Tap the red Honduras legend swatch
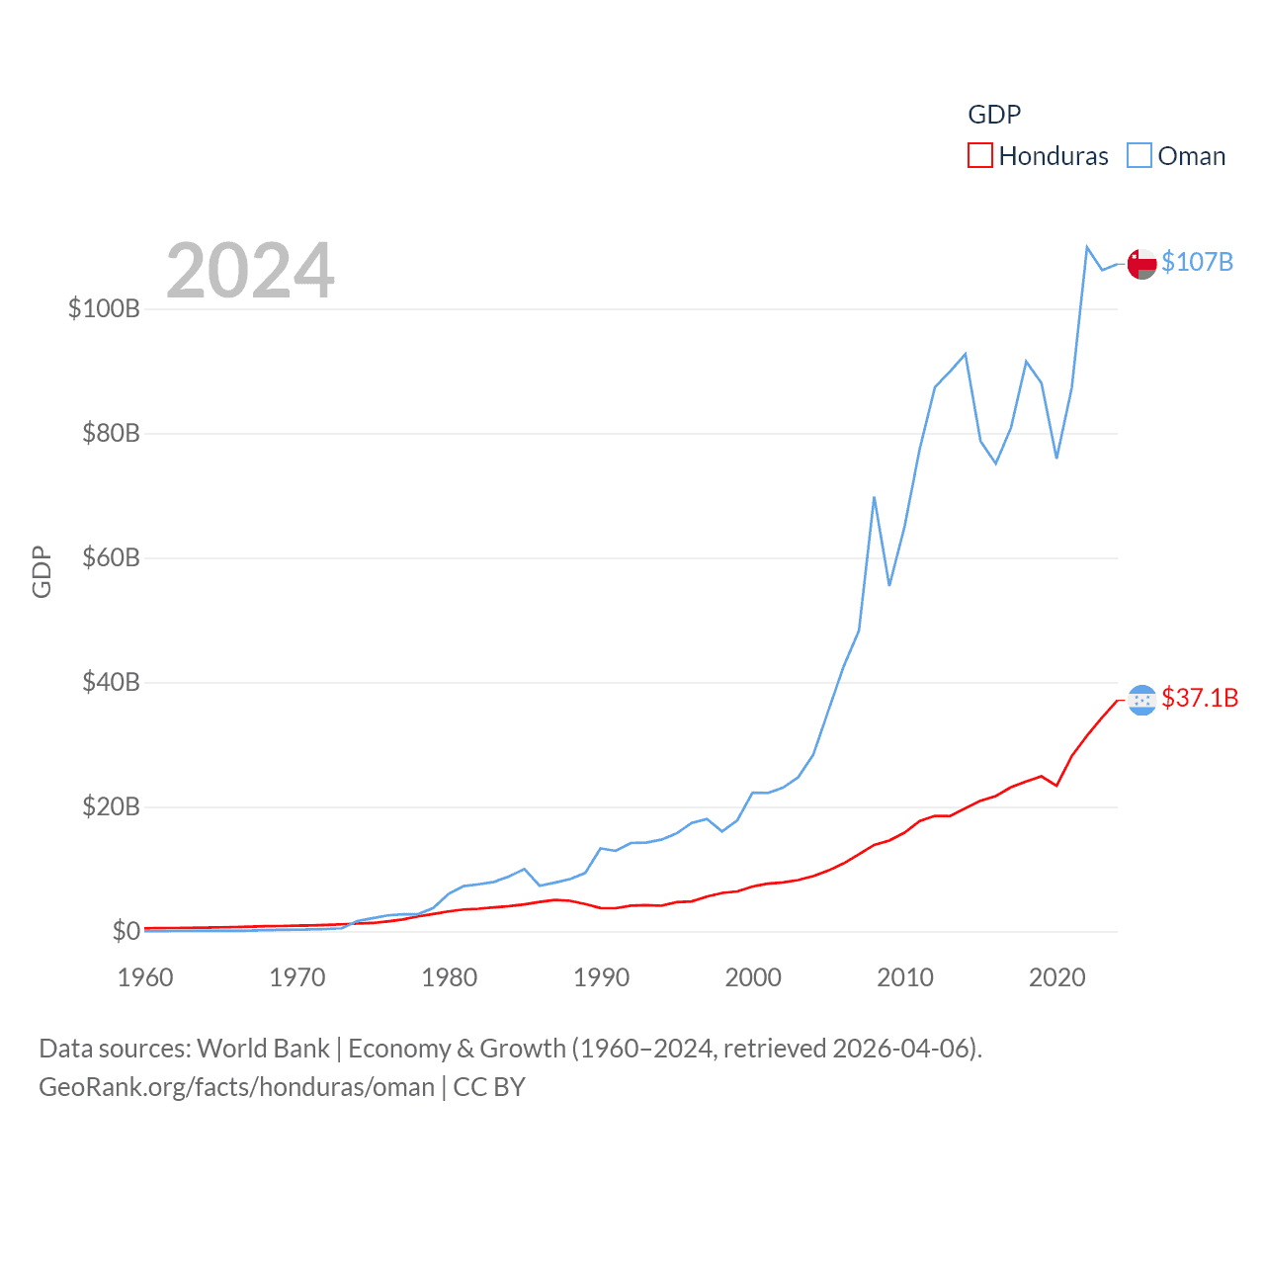(979, 156)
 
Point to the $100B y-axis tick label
(104, 308)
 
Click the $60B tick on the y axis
(111, 557)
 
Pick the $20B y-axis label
(111, 806)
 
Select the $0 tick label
(126, 931)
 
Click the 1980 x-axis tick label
(449, 977)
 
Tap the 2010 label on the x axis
(905, 977)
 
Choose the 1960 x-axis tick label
(145, 977)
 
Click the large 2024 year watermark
(250, 270)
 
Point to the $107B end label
(1197, 262)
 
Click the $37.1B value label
(1200, 698)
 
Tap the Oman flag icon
(1141, 264)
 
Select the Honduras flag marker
(1141, 700)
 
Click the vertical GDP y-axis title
(42, 571)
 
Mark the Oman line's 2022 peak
(1087, 247)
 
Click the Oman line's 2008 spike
(875, 497)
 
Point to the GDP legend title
(994, 115)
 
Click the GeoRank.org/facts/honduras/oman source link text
(236, 1087)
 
